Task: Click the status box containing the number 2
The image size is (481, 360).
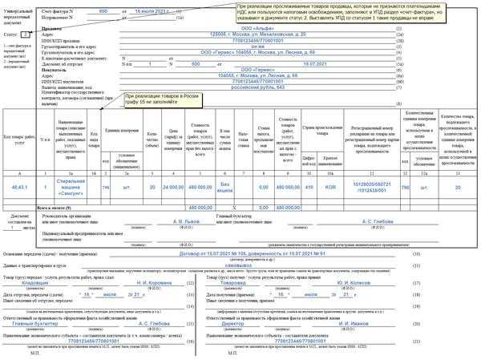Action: coord(25,35)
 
